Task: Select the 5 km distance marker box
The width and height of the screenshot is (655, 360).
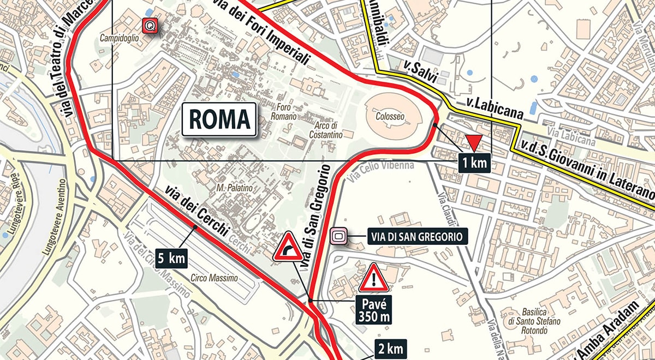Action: point(171,258)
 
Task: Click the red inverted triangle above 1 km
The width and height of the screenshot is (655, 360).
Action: point(475,143)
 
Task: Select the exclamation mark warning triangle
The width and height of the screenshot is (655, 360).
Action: point(373,278)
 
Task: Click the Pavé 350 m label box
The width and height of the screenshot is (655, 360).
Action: point(373,309)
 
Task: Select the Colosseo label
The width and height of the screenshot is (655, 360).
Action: point(390,116)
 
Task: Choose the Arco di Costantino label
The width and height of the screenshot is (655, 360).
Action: point(326,129)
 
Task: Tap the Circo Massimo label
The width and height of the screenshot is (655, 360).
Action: point(215,278)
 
